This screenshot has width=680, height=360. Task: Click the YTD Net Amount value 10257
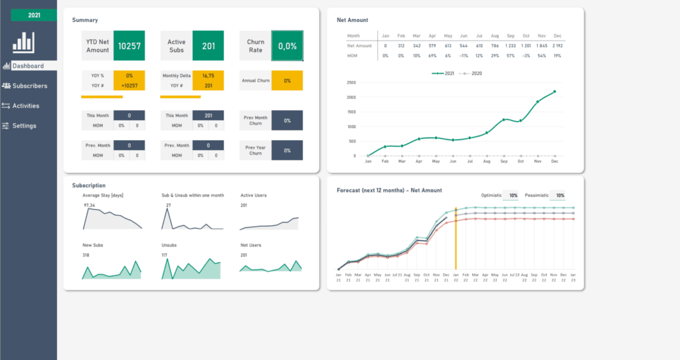[x=129, y=46]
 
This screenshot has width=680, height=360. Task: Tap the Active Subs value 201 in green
[x=209, y=46]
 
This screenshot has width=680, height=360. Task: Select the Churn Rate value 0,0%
[x=287, y=46]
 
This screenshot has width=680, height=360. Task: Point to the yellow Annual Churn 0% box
[x=287, y=80]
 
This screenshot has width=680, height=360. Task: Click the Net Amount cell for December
[x=556, y=45]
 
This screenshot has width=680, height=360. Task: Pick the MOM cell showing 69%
[x=431, y=56]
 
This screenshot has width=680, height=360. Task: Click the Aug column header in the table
[x=495, y=35]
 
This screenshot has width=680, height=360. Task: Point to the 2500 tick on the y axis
[x=351, y=83]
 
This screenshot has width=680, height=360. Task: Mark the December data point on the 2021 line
[x=554, y=92]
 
